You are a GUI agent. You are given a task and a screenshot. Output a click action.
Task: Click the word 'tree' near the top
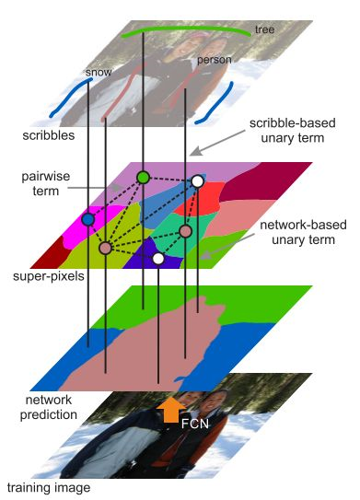[264, 29]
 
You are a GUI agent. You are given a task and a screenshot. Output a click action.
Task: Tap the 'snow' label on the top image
[97, 70]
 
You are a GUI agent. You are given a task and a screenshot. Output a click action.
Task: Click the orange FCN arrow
[169, 410]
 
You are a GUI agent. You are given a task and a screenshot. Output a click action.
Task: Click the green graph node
[143, 177]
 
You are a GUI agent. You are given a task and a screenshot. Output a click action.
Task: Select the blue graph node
[87, 220]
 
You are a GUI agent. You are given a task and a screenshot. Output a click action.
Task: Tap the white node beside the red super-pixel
[197, 182]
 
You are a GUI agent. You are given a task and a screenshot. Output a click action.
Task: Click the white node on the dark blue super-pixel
[158, 259]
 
